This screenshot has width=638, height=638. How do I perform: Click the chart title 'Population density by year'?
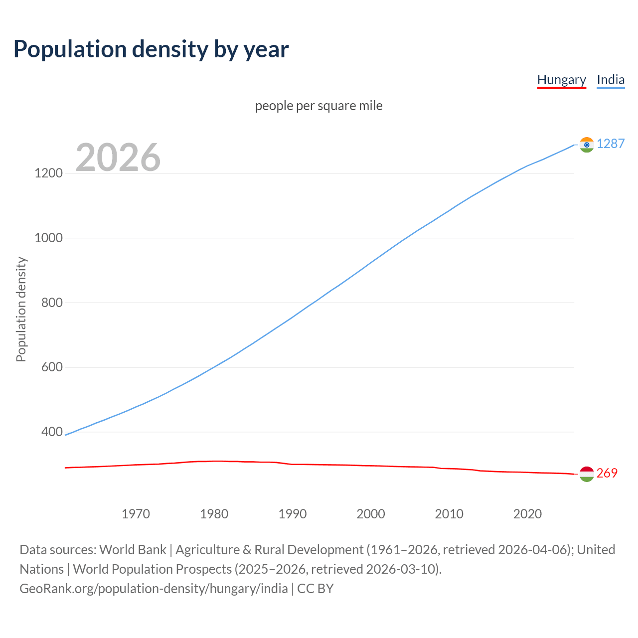pos(151,49)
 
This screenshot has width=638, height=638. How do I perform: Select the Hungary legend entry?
pos(561,80)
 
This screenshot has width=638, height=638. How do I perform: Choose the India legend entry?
pos(611,80)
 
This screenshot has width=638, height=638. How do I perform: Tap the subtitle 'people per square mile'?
pos(319,106)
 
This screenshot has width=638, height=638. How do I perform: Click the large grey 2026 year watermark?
pos(118,158)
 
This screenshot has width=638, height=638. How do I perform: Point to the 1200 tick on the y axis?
pos(48,173)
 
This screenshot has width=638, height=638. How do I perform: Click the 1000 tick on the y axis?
pos(48,238)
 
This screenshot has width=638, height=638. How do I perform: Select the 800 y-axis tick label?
pos(52,303)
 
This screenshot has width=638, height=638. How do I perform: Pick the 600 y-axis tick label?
pos(52,367)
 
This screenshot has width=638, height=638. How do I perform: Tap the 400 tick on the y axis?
pos(52,432)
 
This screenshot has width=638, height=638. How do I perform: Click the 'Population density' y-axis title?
pos(21,309)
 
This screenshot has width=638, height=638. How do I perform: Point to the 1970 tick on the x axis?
pos(136,514)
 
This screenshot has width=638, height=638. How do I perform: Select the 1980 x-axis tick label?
pos(214,514)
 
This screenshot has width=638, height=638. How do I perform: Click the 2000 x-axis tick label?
pos(371,514)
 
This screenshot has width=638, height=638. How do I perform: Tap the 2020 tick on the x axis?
pos(527,514)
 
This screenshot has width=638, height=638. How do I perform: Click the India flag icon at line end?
pos(587,145)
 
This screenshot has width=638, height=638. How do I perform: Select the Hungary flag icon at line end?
pos(587,474)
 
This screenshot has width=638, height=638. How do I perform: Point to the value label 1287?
pos(611,144)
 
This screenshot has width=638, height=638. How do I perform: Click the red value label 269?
pos(607,474)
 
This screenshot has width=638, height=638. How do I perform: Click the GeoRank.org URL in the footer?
pos(154,589)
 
